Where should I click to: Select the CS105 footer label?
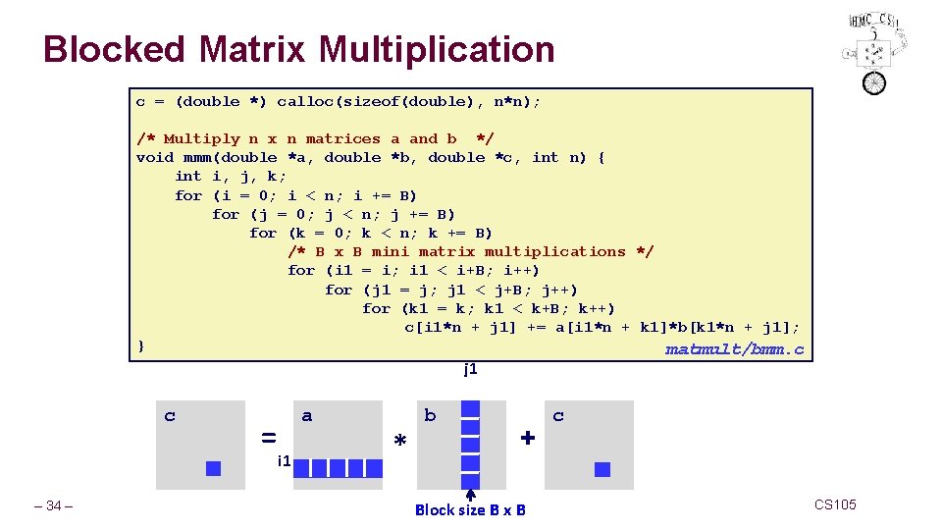coord(835,504)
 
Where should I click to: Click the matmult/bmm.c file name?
coord(735,349)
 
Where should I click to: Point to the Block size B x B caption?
coord(470,509)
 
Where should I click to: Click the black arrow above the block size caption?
coord(470,495)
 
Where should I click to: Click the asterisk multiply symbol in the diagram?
coord(399,443)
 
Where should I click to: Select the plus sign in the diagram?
coord(527,438)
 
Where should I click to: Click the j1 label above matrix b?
coord(470,370)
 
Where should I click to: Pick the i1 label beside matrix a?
coord(284,460)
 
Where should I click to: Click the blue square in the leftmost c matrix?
coord(213,469)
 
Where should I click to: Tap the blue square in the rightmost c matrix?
coord(602,469)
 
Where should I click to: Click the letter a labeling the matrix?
coord(307,416)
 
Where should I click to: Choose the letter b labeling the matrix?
coord(430,416)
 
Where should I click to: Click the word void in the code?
coord(155,157)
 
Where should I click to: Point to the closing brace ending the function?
coord(141,345)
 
